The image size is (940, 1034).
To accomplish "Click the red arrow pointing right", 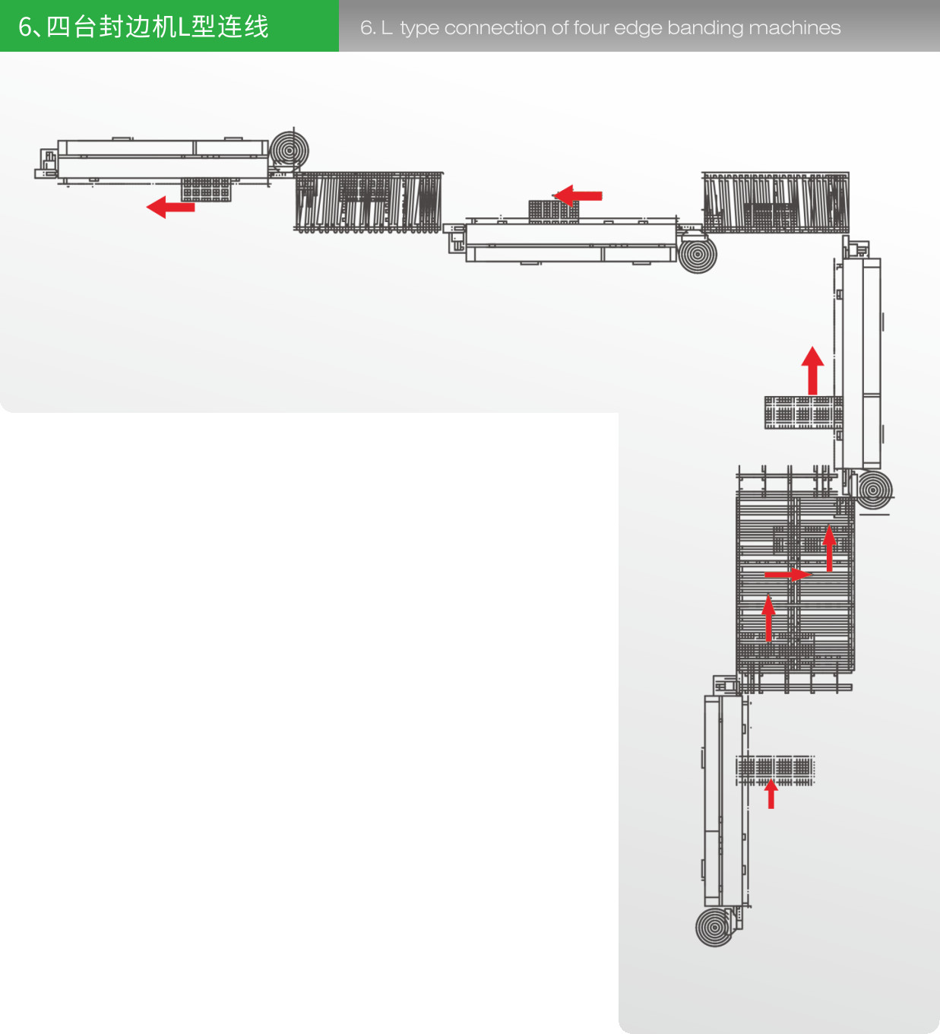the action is pyautogui.click(x=788, y=574).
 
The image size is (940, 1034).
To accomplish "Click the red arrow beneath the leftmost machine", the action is pyautogui.click(x=170, y=208).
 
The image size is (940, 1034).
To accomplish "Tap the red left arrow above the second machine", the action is pyautogui.click(x=578, y=196).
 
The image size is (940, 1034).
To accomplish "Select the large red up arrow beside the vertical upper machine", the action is pyautogui.click(x=812, y=370).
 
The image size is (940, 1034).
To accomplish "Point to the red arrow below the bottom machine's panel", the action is pyautogui.click(x=771, y=794).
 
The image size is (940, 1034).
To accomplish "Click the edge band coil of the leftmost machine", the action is pyautogui.click(x=290, y=151).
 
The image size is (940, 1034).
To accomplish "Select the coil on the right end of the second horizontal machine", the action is pyautogui.click(x=698, y=254).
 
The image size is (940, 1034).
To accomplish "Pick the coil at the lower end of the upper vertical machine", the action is pyautogui.click(x=873, y=490).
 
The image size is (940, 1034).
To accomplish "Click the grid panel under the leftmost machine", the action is pyautogui.click(x=206, y=189).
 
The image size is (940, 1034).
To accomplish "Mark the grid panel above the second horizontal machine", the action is pyautogui.click(x=554, y=211).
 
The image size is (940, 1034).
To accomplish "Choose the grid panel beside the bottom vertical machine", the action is pyautogui.click(x=775, y=771).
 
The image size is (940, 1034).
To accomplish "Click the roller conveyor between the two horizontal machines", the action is pyautogui.click(x=369, y=202).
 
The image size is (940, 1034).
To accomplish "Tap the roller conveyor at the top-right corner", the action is pyautogui.click(x=776, y=202).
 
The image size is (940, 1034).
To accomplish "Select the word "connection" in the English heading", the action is pyautogui.click(x=495, y=28).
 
